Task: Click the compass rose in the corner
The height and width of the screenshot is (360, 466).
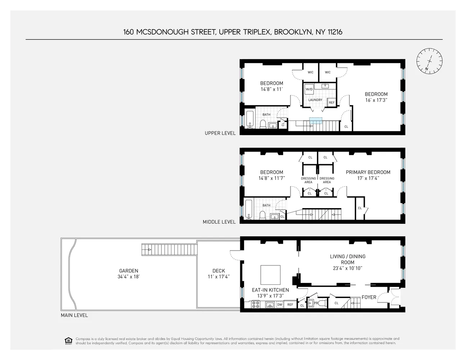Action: [429, 61]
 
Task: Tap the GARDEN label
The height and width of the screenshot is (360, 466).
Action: [129, 271]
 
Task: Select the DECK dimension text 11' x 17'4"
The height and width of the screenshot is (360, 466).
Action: [219, 276]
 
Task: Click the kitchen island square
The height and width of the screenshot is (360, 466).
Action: [270, 275]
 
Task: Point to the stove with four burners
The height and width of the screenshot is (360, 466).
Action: [256, 305]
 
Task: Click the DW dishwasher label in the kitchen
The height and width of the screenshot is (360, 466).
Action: [280, 305]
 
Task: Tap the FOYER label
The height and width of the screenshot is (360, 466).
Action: [369, 297]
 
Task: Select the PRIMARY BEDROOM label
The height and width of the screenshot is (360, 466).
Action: [368, 172]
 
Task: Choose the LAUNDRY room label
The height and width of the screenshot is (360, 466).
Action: [315, 100]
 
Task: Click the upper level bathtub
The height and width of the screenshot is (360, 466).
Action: [250, 120]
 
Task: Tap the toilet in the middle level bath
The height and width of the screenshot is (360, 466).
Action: [263, 215]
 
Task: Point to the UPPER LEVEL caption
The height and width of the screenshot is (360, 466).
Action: [220, 133]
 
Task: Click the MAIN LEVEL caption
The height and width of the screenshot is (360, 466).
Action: [74, 315]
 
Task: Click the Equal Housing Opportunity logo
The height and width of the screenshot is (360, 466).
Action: [68, 341]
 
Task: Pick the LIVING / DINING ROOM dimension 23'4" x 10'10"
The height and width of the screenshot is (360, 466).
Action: [348, 268]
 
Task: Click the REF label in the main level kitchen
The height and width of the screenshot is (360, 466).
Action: [290, 305]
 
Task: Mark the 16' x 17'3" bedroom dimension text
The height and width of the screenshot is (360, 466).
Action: [376, 100]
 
